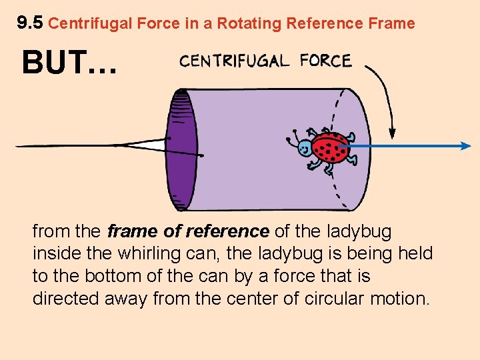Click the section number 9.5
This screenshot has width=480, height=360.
tap(30, 23)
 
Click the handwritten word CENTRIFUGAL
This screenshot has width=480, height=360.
tap(234, 61)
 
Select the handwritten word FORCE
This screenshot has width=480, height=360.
tap(325, 61)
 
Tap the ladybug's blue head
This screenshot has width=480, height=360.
tap(305, 148)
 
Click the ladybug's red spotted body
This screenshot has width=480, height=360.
tap(331, 147)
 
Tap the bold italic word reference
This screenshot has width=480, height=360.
tap(227, 232)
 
